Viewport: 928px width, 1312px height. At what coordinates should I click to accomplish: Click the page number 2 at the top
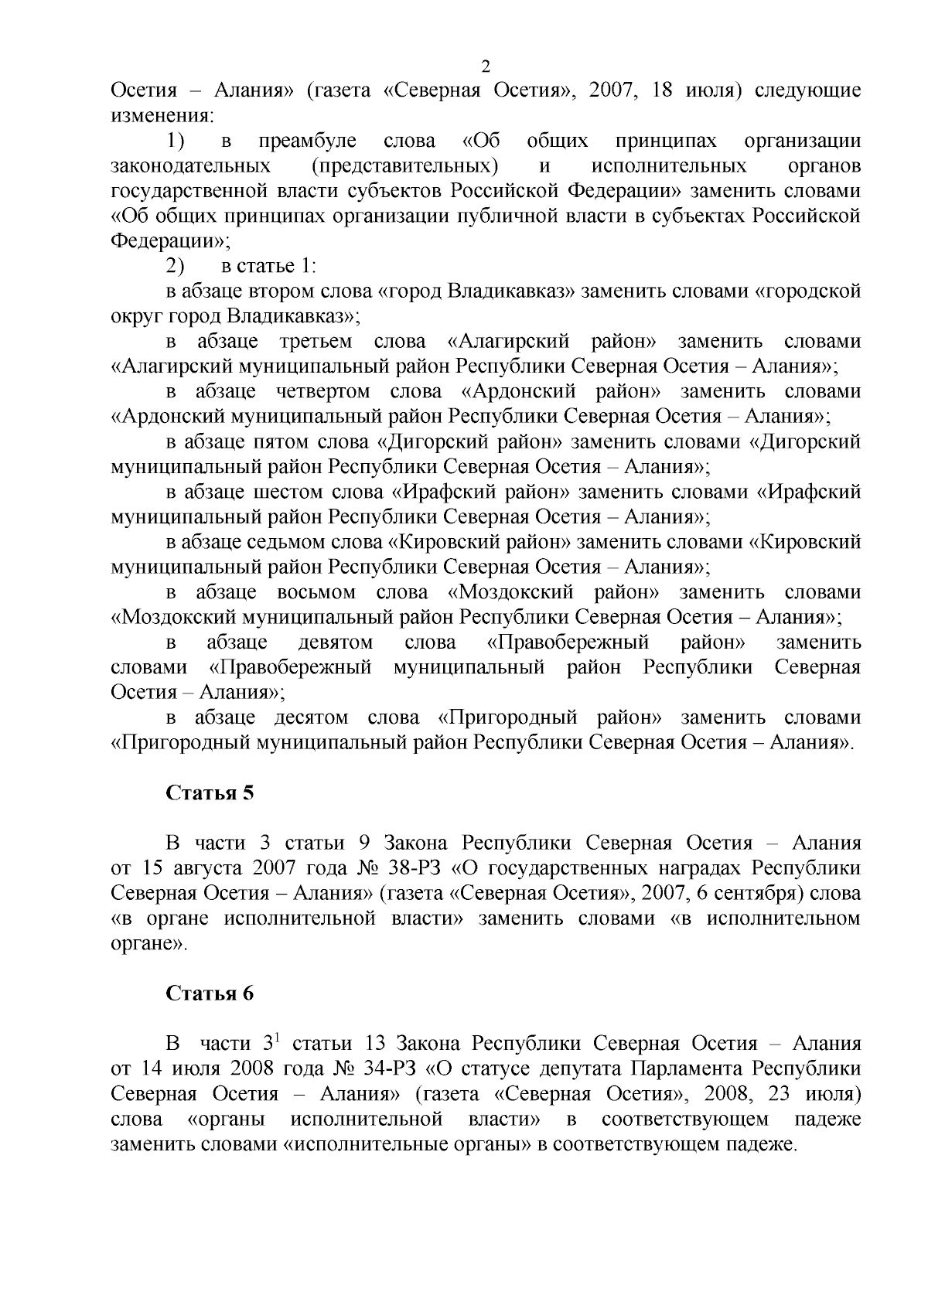click(486, 66)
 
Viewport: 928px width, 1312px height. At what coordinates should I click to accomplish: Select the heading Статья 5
click(210, 794)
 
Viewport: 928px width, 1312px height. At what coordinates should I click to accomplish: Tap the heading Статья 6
click(210, 994)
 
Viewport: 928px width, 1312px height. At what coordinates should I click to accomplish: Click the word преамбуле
click(307, 141)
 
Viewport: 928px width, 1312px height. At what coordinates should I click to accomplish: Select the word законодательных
click(191, 166)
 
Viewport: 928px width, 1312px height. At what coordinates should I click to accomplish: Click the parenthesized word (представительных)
click(405, 166)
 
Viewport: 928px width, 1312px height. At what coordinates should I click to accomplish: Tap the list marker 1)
click(175, 141)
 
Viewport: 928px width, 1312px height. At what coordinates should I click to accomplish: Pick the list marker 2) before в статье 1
click(175, 266)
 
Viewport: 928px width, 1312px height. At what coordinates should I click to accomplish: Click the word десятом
click(311, 717)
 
